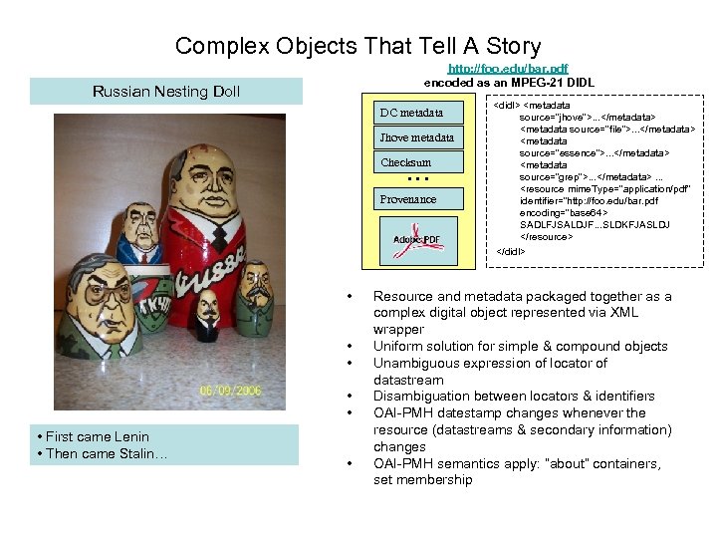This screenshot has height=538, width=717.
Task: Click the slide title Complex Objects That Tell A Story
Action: pyautogui.click(x=358, y=45)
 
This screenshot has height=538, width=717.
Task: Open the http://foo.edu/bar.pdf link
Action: pyautogui.click(x=508, y=69)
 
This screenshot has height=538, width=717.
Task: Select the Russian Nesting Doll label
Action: pyautogui.click(x=166, y=92)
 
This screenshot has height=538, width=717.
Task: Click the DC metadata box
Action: pyautogui.click(x=409, y=112)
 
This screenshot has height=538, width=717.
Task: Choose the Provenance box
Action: pyautogui.click(x=408, y=198)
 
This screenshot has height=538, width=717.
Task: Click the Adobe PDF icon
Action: pyautogui.click(x=417, y=239)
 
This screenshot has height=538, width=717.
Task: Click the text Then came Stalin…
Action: pyautogui.click(x=97, y=453)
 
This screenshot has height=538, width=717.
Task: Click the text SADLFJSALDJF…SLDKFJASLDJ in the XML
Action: pyautogui.click(x=595, y=224)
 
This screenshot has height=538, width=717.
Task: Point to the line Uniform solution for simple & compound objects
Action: pyautogui.click(x=520, y=346)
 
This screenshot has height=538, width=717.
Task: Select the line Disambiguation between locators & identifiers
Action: pyautogui.click(x=514, y=396)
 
